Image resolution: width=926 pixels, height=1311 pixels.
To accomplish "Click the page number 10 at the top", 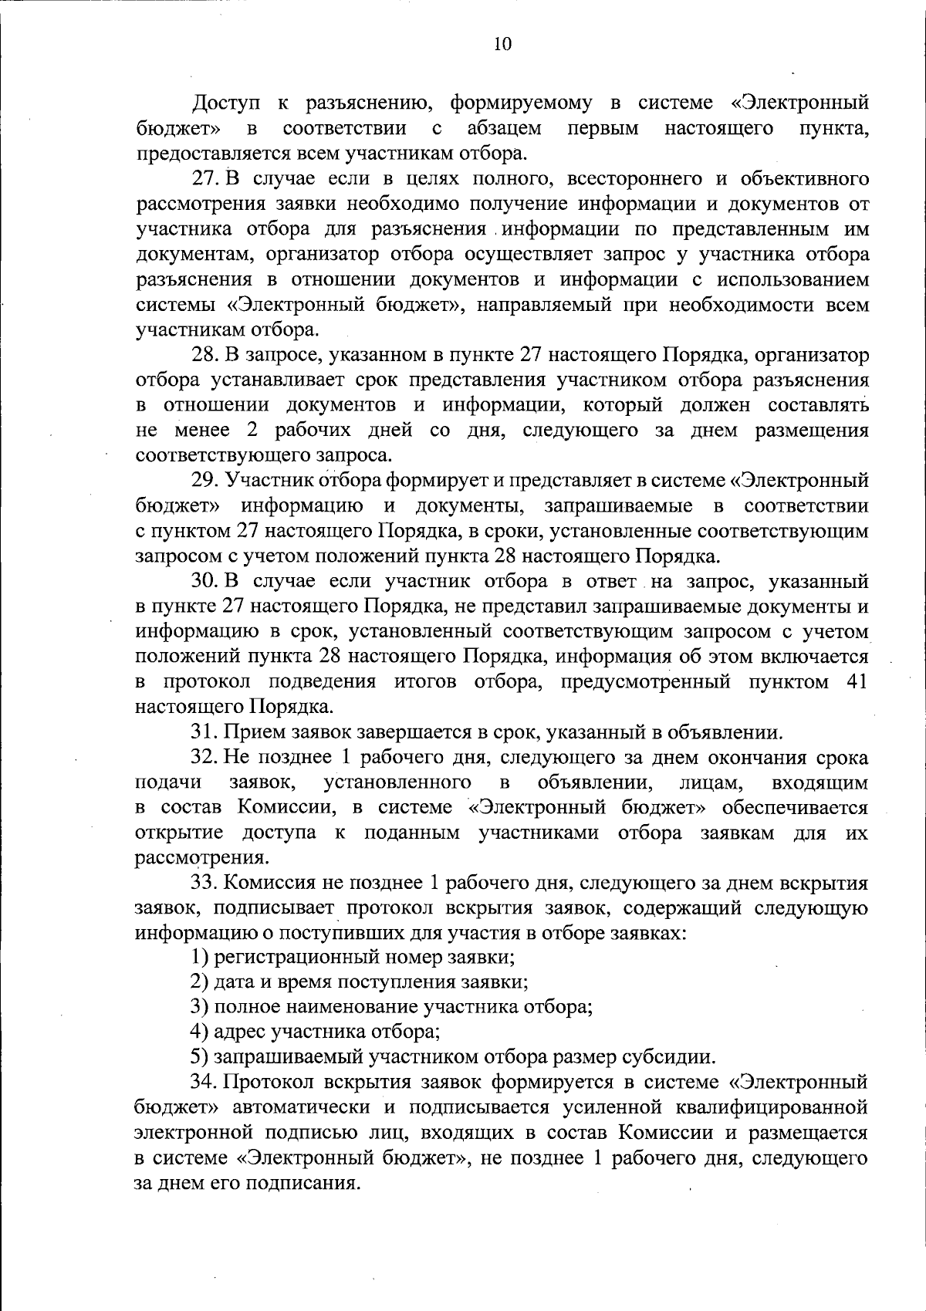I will click(501, 45).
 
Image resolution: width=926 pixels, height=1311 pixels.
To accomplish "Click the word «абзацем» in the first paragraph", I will click(504, 128).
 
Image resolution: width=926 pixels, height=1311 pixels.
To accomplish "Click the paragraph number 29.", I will click(207, 480).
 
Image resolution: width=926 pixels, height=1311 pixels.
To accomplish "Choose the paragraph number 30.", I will click(207, 581).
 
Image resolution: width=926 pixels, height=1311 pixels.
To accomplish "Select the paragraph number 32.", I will click(207, 758).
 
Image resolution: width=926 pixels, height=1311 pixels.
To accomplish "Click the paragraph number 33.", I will click(207, 884).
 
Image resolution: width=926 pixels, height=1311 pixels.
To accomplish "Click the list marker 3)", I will click(200, 1007).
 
